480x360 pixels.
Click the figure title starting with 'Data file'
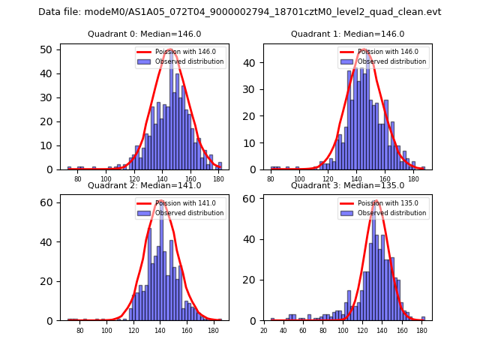click(x=240, y=12)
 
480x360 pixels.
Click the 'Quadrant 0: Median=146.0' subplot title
click(x=143, y=34)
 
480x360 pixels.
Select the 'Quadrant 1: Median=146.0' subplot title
click(x=347, y=34)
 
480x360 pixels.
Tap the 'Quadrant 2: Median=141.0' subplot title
click(x=143, y=185)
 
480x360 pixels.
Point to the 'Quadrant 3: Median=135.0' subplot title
click(x=347, y=185)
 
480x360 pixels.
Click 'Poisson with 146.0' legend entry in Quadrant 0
click(x=181, y=52)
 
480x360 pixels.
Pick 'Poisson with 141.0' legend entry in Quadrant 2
click(x=181, y=202)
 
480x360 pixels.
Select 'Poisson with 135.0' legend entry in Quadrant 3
click(x=384, y=202)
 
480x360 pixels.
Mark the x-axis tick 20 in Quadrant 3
click(x=263, y=330)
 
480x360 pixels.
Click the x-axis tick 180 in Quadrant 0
click(x=218, y=178)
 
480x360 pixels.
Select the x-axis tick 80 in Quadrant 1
click(x=271, y=178)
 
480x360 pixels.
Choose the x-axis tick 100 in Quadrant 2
click(x=106, y=330)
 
